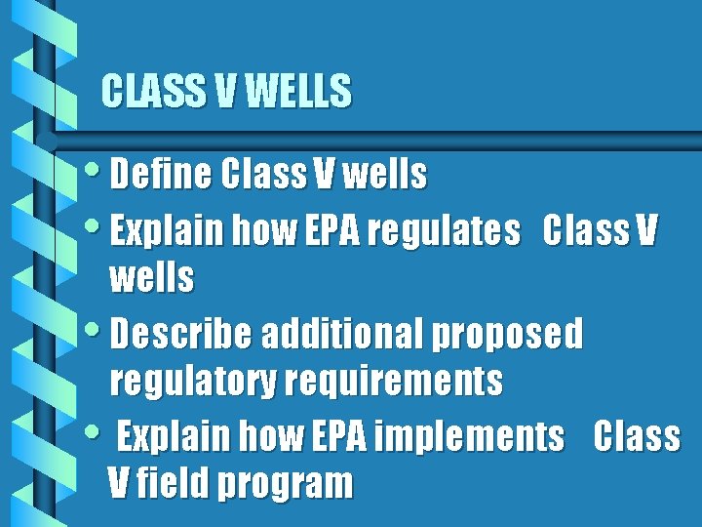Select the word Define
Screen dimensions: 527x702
click(x=161, y=175)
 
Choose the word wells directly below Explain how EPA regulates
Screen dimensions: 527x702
click(x=152, y=279)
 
